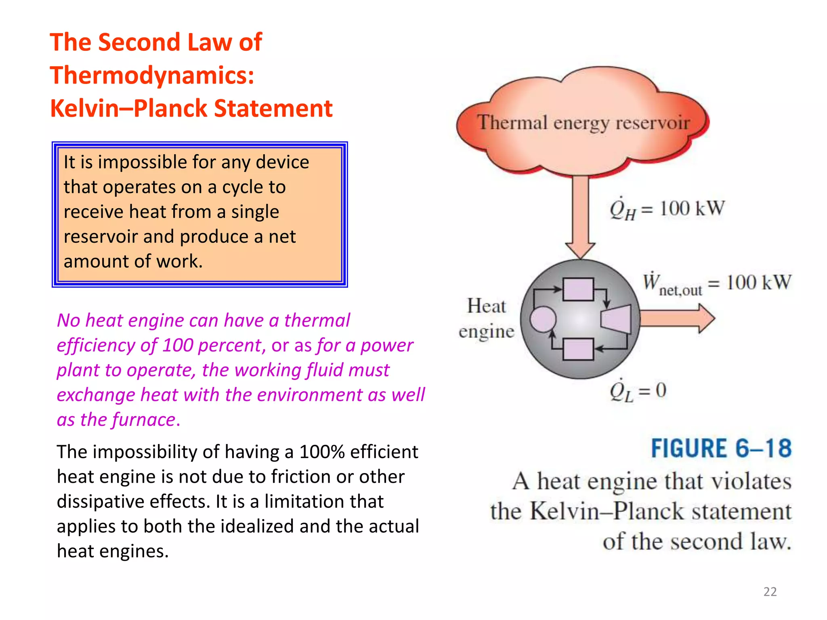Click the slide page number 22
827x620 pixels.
coord(770,591)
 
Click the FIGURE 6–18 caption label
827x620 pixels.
coord(721,448)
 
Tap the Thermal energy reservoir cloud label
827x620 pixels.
coord(583,123)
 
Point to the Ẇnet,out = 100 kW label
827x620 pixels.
coord(717,284)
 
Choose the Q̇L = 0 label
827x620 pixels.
coord(638,391)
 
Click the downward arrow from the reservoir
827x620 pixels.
coord(580,214)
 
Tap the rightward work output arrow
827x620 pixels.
coord(677,318)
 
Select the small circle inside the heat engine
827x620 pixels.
coord(543,319)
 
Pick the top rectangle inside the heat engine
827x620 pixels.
coord(578,289)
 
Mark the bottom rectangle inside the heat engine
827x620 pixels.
coord(578,349)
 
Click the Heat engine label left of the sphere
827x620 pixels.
coord(487,318)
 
